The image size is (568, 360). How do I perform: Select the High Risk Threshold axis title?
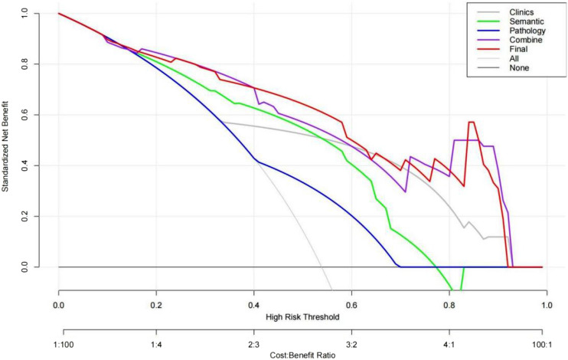pos(302,316)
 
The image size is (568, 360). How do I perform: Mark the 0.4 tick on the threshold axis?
pos(253,304)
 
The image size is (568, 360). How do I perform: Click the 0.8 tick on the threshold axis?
pos(449,304)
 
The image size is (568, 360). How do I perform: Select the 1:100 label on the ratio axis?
pos(58,344)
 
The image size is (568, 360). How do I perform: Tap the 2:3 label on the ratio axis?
pos(253,344)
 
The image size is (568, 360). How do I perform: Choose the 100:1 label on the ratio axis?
pos(546,344)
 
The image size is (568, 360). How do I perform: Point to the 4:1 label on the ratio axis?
pos(449,344)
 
